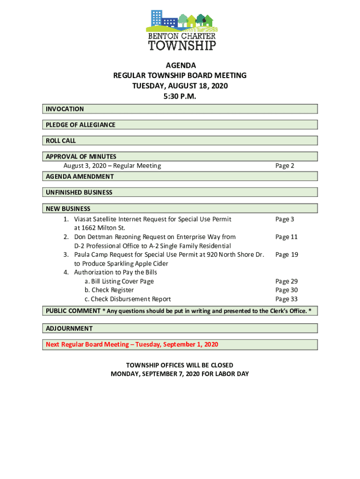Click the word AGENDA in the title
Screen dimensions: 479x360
pos(180,65)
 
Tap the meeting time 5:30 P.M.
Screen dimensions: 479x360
pos(180,96)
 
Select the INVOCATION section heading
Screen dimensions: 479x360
pos(65,109)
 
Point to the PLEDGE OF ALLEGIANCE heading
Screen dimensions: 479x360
pos(80,125)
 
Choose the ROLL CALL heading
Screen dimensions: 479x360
pos(61,141)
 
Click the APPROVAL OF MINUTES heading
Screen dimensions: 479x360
pos(81,157)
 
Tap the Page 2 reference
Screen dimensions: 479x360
pos(285,166)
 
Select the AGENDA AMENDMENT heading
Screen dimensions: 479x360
pos(79,176)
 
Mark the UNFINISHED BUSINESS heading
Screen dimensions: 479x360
pos(79,192)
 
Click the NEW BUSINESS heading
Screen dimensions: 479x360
pos(68,209)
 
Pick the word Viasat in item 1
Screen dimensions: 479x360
pos(84,219)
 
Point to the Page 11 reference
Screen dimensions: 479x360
pos(287,237)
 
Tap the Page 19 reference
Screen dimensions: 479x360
pos(287,254)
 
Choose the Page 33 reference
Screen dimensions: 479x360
pos(287,299)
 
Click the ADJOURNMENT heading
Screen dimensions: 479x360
pos(69,328)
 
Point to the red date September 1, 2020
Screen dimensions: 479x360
pos(190,345)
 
